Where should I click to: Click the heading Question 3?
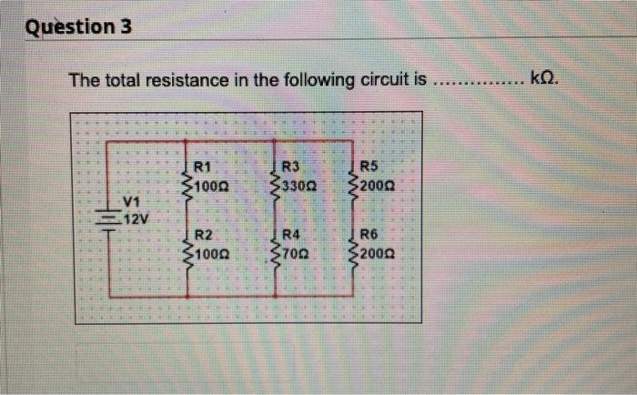pos(78,26)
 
